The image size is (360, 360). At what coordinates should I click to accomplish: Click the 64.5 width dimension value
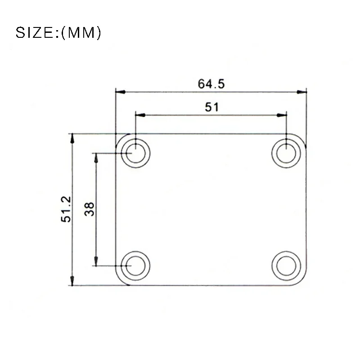coord(211,84)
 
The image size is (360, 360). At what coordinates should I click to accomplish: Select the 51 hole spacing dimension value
coord(211,107)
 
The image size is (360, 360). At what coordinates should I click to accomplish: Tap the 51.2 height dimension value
coord(67,209)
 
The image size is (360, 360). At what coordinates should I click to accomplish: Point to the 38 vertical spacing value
coord(90,209)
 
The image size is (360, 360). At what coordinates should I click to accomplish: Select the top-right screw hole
coord(286,153)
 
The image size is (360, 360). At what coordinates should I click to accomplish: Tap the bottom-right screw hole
coord(286,265)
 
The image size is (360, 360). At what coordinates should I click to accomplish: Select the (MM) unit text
coord(81,33)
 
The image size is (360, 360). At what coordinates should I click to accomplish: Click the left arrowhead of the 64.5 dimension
coord(120,92)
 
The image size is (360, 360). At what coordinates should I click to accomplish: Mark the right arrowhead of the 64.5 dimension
coord(302,92)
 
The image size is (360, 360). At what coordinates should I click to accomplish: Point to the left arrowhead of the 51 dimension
coord(140,115)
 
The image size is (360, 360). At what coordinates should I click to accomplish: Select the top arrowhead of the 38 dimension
coord(95,157)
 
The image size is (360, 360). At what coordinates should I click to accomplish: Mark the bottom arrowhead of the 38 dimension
coord(95,261)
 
